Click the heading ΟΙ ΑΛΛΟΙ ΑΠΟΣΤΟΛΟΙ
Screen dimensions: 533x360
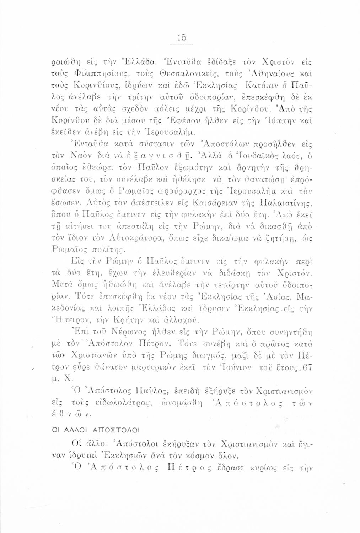[x=87, y=431]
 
